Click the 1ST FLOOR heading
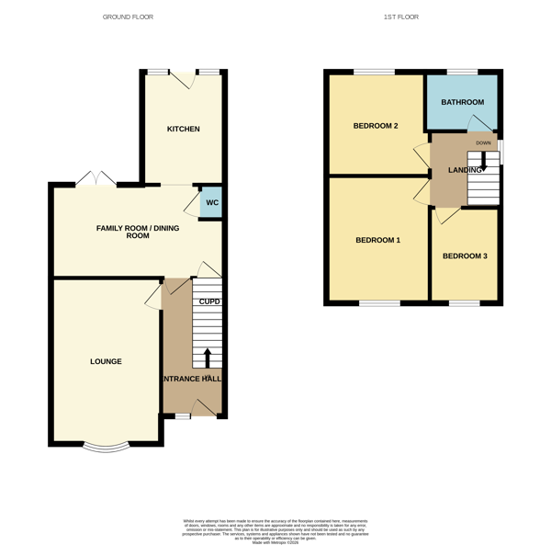click(400, 17)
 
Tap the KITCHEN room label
click(183, 129)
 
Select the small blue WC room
click(211, 203)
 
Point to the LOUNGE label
click(106, 361)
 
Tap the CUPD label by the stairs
click(210, 301)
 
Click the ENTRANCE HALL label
click(192, 378)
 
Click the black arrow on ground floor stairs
click(207, 357)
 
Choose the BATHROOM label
click(462, 102)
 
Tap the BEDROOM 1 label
click(377, 240)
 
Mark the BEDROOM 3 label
click(465, 255)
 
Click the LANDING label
click(464, 170)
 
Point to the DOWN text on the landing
click(483, 143)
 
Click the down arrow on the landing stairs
click(483, 158)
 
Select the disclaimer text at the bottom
click(275, 528)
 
